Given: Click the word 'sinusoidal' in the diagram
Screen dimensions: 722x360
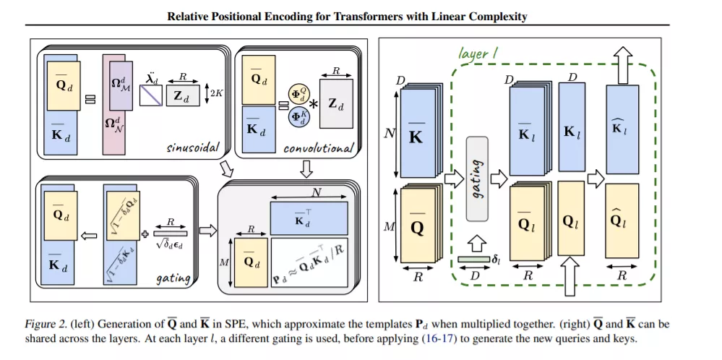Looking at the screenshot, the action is (x=192, y=147).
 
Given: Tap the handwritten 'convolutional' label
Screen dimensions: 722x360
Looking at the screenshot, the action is (x=319, y=148).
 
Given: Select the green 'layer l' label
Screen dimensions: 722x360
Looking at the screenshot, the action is (x=478, y=53).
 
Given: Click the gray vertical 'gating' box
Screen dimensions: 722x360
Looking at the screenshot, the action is (x=477, y=178).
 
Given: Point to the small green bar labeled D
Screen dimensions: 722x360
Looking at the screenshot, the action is (x=474, y=260).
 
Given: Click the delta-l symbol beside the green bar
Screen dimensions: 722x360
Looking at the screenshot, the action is (x=497, y=260).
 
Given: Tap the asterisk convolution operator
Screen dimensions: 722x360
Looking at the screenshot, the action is (x=313, y=105).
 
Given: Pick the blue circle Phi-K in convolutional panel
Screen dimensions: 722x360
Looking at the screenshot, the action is (x=299, y=116).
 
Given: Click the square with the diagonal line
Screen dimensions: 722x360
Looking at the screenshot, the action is (x=150, y=95).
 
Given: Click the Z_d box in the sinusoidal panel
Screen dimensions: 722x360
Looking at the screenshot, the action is (x=184, y=95).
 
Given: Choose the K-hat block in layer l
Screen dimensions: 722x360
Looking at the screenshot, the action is (x=622, y=129).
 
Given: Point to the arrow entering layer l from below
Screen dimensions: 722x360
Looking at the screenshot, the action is (x=571, y=277).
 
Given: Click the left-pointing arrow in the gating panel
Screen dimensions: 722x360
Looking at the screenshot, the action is (x=89, y=236).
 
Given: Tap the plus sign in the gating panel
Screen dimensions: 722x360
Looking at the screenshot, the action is (x=145, y=234).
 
